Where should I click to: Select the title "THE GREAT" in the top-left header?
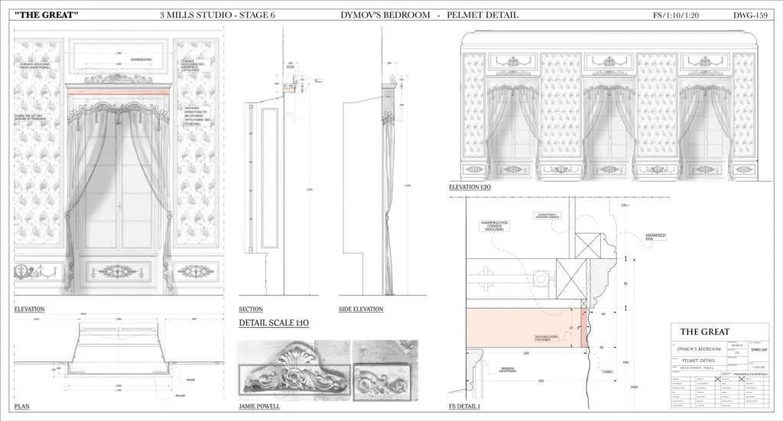pos(47,15)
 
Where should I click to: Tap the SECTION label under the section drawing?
pos(251,309)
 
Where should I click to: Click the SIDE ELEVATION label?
pos(364,309)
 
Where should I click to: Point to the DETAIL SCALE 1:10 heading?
pos(274,324)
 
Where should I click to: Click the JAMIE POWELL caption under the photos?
pos(259,406)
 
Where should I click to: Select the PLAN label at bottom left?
pos(21,406)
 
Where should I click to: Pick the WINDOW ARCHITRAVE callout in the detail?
pos(508,371)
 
